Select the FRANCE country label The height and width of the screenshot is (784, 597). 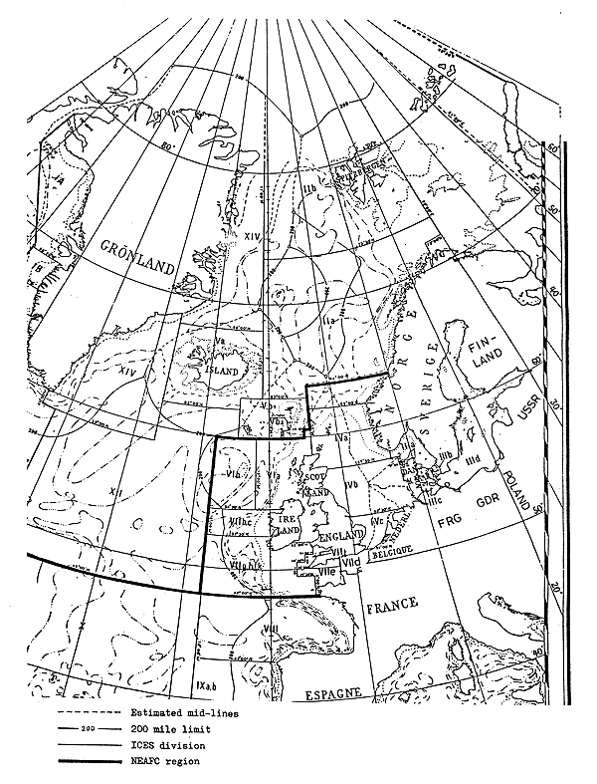tap(391, 604)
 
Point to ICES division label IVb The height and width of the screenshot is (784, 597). tap(350, 485)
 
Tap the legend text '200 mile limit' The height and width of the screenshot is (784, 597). tap(163, 729)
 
